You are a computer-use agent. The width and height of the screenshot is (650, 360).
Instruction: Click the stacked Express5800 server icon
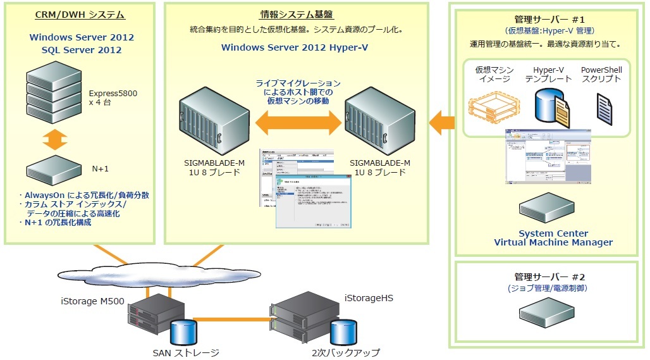pyautogui.click(x=55, y=92)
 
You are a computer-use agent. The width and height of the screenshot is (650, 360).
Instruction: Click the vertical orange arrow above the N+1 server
pyautogui.click(x=55, y=139)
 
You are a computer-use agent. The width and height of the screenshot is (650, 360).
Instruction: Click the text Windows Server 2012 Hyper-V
pyautogui.click(x=295, y=47)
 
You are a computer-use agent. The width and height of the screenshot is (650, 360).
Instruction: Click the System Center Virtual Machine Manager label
pyautogui.click(x=553, y=238)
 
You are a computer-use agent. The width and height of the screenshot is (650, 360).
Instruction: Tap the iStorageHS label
pyautogui.click(x=365, y=297)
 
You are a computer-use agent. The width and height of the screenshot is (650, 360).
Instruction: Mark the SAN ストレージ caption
pyautogui.click(x=185, y=352)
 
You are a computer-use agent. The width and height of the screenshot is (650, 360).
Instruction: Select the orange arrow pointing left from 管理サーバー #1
pyautogui.click(x=443, y=121)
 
